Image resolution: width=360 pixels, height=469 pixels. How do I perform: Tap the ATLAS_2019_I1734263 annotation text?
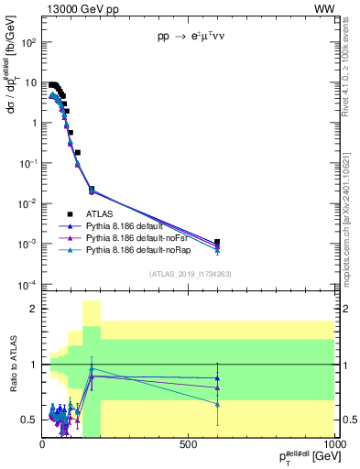(189, 272)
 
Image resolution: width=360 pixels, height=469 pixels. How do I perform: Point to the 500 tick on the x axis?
(189, 445)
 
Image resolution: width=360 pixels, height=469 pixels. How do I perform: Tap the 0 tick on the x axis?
(43, 445)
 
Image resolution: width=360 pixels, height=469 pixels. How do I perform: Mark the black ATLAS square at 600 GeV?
(217, 243)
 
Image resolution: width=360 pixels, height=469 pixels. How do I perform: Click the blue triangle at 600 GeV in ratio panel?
(217, 377)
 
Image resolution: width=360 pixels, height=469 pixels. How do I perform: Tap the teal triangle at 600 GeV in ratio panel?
(217, 404)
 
